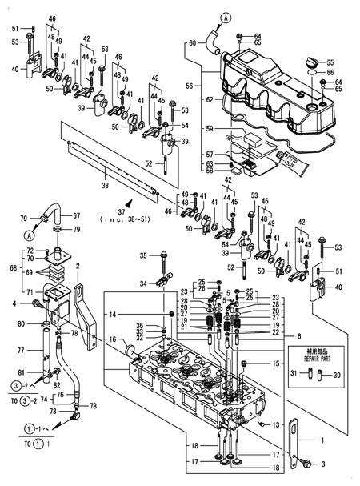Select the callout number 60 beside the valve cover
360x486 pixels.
[192, 42]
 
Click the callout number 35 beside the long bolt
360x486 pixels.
[144, 256]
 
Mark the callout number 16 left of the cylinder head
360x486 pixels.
[113, 339]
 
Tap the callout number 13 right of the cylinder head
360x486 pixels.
[278, 424]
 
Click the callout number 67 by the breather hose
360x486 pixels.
[76, 215]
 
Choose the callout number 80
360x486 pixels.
[22, 323]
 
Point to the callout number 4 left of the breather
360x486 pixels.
[14, 303]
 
